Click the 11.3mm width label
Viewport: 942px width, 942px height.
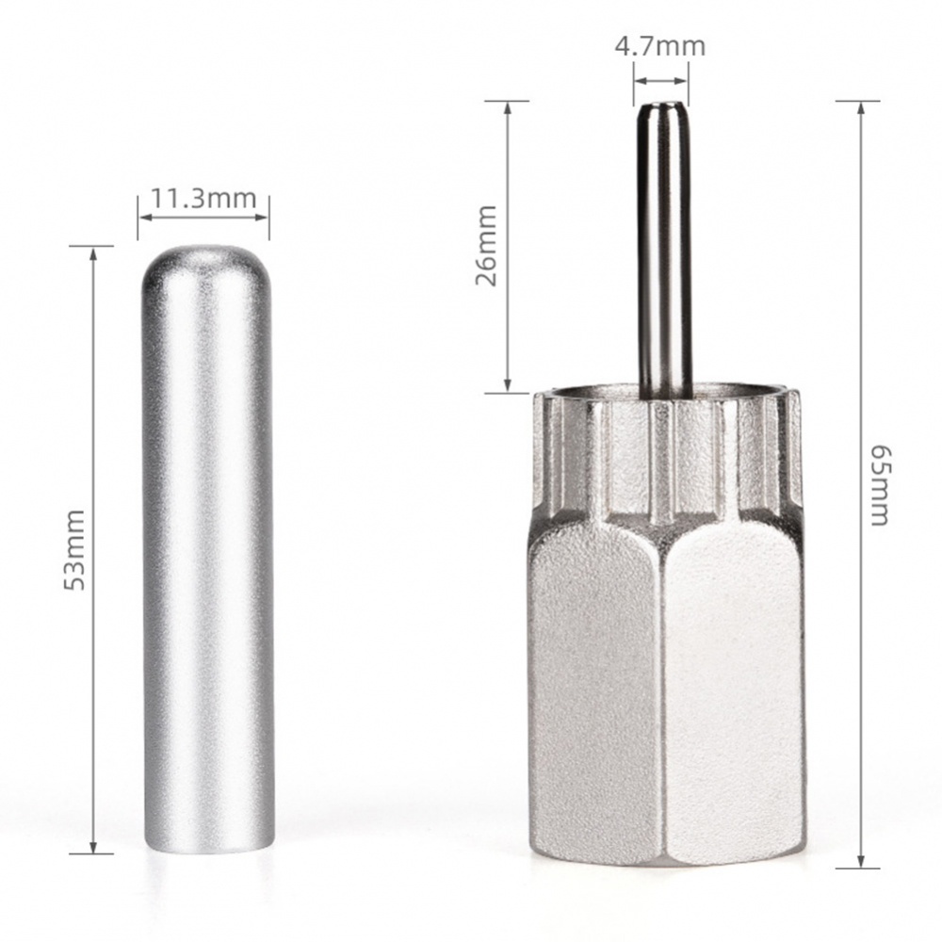coord(203,199)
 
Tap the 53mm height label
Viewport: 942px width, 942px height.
coord(74,549)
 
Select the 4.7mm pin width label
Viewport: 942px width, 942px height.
coord(659,45)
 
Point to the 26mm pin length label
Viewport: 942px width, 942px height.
coord(486,247)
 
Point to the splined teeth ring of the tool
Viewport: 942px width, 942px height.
coord(664,443)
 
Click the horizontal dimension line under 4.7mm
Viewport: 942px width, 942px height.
coord(660,77)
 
